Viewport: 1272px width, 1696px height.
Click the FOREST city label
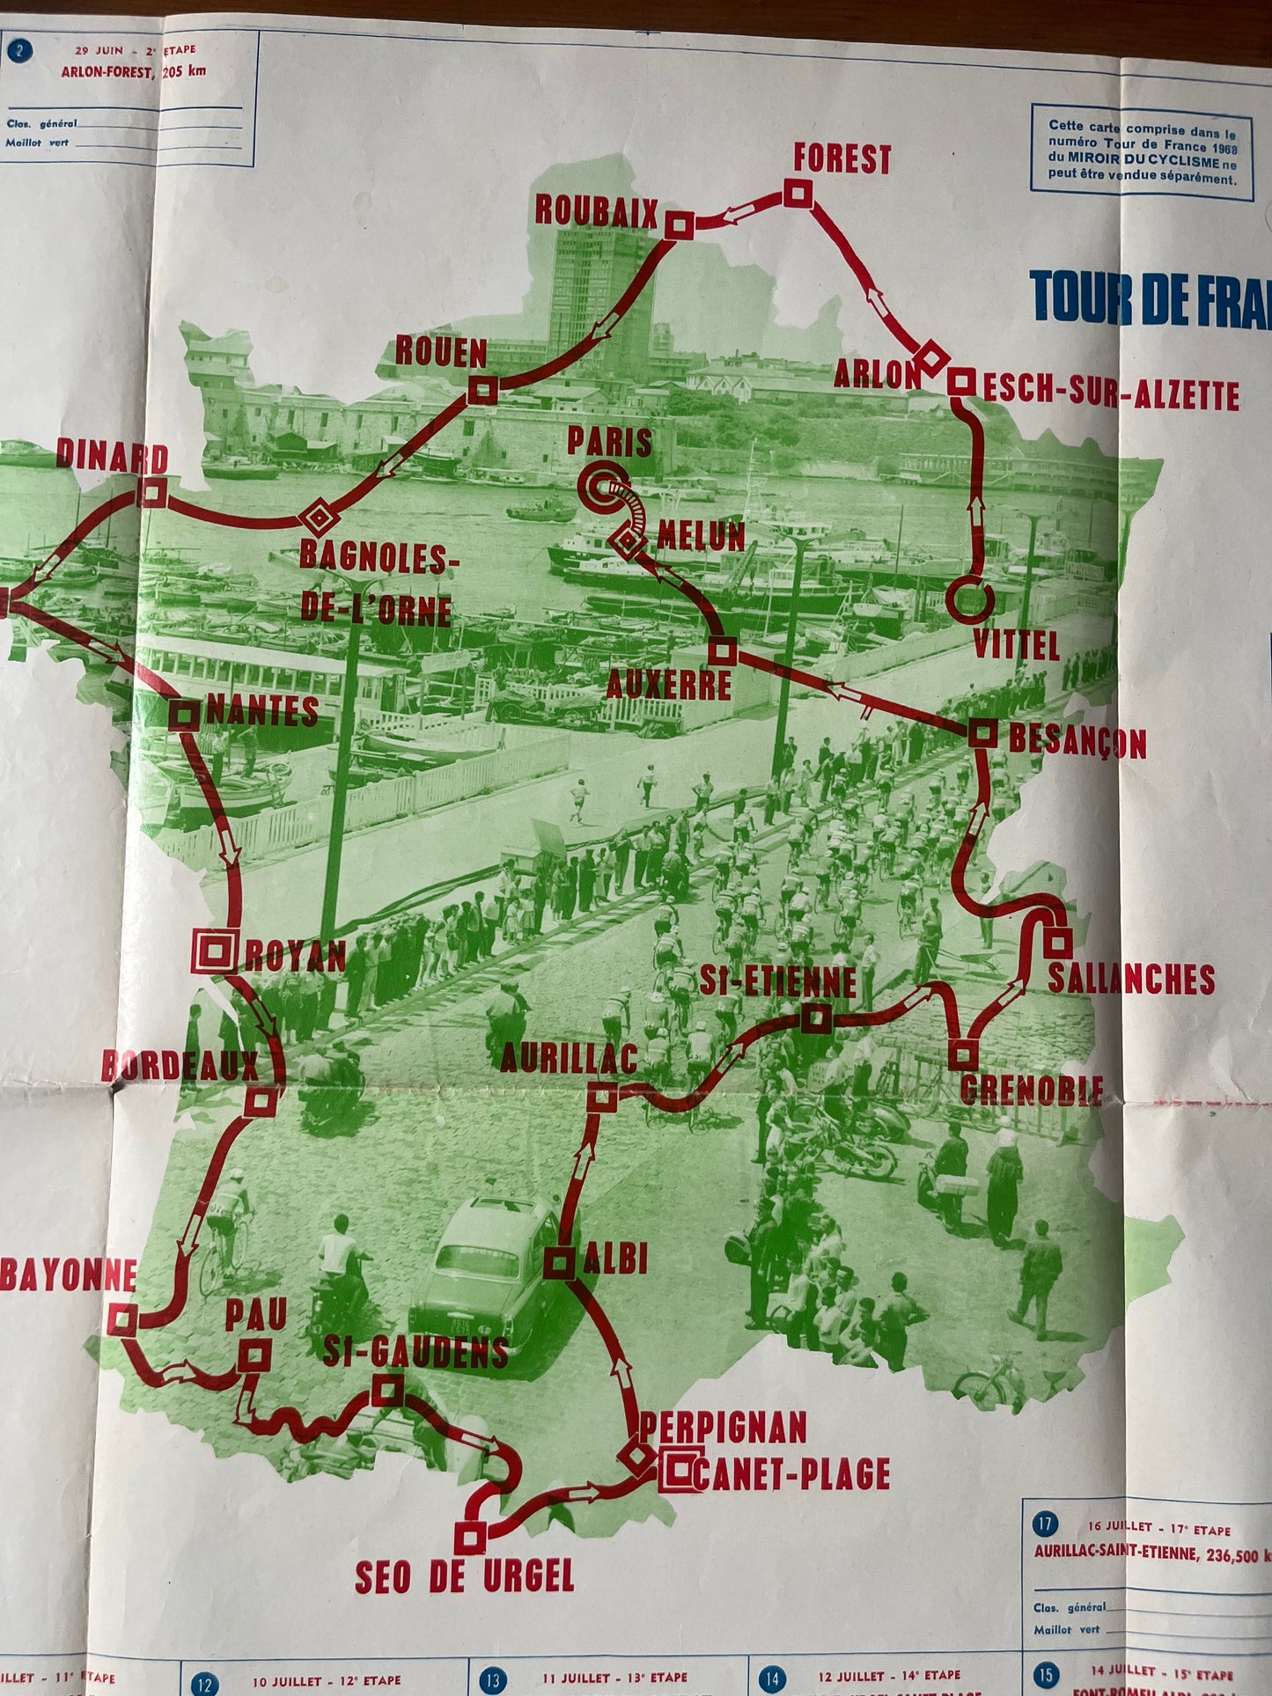(842, 159)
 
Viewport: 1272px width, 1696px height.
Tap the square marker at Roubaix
(677, 225)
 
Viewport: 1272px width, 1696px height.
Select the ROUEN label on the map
(440, 352)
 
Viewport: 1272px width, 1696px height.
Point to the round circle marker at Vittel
(971, 600)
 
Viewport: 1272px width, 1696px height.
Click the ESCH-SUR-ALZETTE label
(1111, 394)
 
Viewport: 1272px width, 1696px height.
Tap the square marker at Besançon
(982, 732)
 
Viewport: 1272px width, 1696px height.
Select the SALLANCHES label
(1131, 979)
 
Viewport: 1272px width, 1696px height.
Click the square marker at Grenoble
(963, 1054)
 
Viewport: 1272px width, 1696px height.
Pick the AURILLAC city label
(569, 1058)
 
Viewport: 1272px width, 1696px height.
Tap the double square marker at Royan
(215, 951)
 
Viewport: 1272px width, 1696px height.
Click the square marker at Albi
(558, 1263)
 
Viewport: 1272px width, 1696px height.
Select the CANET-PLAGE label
(790, 1473)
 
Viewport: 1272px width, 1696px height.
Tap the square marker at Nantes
(184, 715)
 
